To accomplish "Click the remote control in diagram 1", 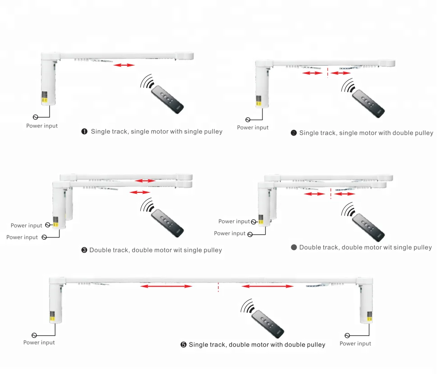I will (167, 100).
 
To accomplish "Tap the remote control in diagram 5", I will (268, 324).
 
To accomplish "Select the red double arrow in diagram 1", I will (124, 65).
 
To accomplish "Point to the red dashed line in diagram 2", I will (327, 73).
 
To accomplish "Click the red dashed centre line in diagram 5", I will (218, 287).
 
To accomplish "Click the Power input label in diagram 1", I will (42, 126).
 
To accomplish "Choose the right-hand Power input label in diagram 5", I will (355, 343).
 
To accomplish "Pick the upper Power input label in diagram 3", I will (27, 225).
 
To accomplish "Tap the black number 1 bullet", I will (84, 132).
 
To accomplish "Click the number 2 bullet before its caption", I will (294, 133).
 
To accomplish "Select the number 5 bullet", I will (184, 345).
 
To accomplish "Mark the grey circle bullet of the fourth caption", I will (294, 247).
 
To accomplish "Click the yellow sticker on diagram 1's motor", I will (46, 96).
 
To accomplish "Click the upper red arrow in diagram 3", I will (146, 181).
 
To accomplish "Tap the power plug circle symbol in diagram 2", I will (248, 120).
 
